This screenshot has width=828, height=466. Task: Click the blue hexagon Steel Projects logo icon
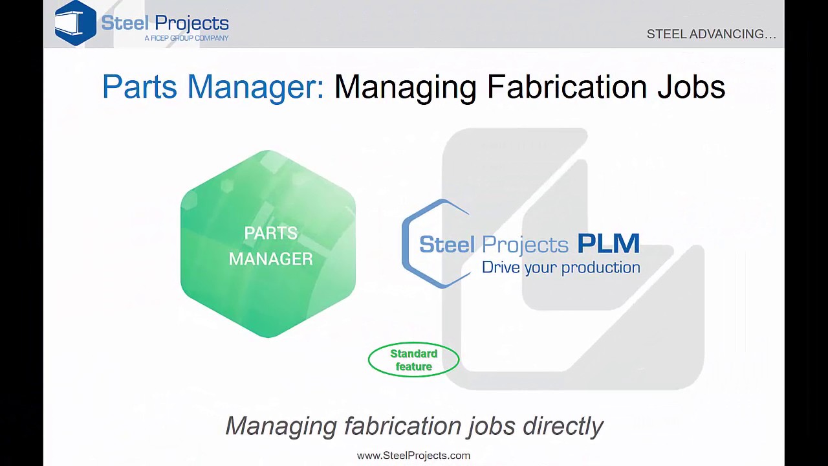click(76, 23)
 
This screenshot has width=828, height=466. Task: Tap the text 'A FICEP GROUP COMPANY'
click(186, 39)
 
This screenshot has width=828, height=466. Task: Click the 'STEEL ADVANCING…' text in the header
click(711, 34)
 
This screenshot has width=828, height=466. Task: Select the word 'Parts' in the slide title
click(139, 87)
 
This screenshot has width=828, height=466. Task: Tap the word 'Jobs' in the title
click(691, 87)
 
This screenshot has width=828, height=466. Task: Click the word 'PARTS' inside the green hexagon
click(270, 233)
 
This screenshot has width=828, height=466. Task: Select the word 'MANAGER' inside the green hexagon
click(270, 259)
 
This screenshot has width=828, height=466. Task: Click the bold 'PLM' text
click(608, 244)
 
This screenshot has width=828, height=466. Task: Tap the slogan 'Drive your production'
click(561, 267)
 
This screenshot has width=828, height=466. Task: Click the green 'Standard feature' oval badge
click(413, 360)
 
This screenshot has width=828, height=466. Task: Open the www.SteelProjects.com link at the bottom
click(413, 456)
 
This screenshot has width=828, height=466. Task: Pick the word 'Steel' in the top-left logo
click(125, 23)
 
